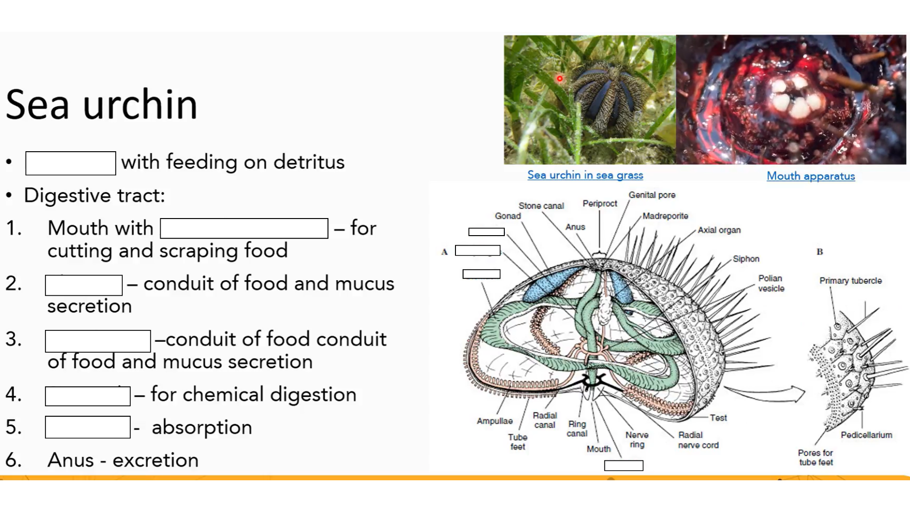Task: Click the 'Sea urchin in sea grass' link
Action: (x=585, y=175)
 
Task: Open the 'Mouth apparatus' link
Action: (x=810, y=176)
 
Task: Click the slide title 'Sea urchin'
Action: (x=101, y=104)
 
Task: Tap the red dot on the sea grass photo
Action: (x=560, y=79)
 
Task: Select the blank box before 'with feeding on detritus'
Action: (x=71, y=164)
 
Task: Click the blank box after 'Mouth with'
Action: (x=244, y=229)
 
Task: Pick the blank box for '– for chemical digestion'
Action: (x=88, y=396)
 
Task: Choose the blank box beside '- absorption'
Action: (x=88, y=427)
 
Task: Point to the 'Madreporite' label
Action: (x=665, y=216)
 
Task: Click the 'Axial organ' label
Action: (x=719, y=230)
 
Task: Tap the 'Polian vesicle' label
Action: (x=771, y=283)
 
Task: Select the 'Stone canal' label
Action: (x=541, y=206)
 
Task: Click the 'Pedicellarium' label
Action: (x=866, y=435)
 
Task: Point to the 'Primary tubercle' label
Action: (x=850, y=281)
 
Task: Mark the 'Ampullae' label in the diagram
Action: (x=494, y=421)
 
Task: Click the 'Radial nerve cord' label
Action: (x=698, y=440)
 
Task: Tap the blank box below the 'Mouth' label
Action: (x=624, y=466)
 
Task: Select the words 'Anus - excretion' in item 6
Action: (x=123, y=460)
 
